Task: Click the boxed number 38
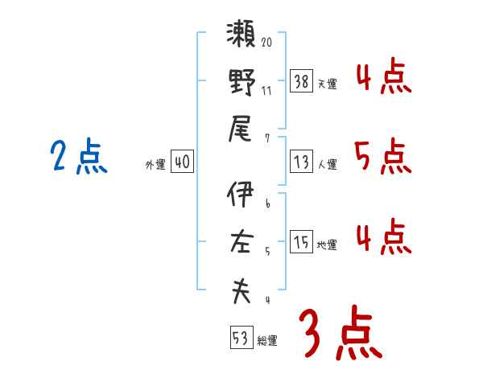[301, 80]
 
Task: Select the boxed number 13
[301, 162]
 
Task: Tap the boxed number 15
[301, 242]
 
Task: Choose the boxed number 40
[182, 162]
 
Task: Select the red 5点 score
[382, 157]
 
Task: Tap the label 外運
[155, 165]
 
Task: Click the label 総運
[267, 341]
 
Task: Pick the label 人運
[327, 165]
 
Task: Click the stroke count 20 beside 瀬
[267, 40]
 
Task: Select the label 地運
[327, 245]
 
